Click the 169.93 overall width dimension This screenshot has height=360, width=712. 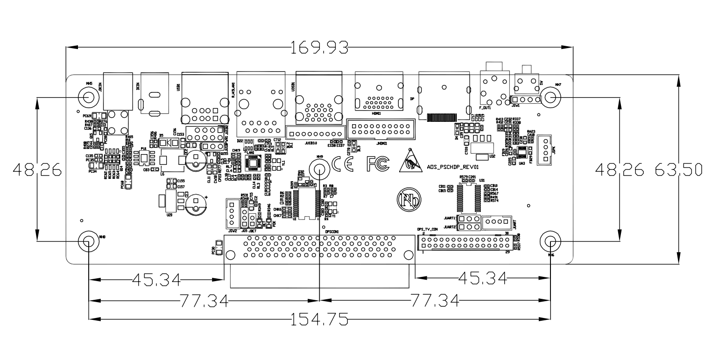pos(319,47)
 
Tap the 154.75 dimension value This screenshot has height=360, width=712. pos(319,320)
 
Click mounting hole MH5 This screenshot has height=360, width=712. pos(88,97)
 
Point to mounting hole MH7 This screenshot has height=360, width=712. pos(550,98)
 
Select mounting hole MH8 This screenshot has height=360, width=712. pos(88,241)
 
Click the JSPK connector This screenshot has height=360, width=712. pos(543,150)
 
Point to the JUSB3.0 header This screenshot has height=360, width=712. pos(314,134)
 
